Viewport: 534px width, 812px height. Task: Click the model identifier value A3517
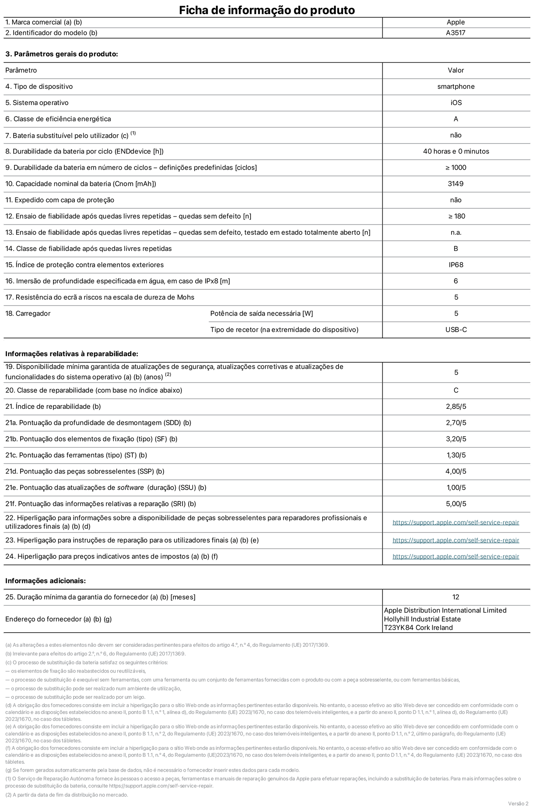pos(456,33)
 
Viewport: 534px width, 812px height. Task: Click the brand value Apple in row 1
pos(456,23)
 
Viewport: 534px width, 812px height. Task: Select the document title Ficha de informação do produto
pos(267,10)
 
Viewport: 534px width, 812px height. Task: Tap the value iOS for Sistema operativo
pos(456,103)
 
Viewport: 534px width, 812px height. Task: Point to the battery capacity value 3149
pos(456,184)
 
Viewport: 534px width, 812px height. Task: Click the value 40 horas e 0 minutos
pos(456,152)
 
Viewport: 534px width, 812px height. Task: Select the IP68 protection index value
pos(456,265)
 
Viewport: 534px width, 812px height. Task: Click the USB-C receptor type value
pos(456,330)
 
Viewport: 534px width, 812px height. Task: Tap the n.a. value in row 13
pos(456,232)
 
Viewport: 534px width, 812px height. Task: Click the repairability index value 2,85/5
pos(456,406)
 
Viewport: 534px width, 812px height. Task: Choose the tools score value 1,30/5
pos(456,455)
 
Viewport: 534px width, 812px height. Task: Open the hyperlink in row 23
pos(456,540)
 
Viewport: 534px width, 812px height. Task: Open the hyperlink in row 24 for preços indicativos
pos(456,556)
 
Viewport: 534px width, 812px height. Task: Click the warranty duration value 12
pos(456,597)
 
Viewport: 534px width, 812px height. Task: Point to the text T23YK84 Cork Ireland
pos(418,627)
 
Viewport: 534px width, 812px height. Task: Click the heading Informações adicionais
pos(45,581)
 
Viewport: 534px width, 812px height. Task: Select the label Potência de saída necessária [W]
pos(261,314)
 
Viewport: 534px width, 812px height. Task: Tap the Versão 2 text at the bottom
pos(518,804)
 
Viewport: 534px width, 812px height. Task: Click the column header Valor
pos(456,70)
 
